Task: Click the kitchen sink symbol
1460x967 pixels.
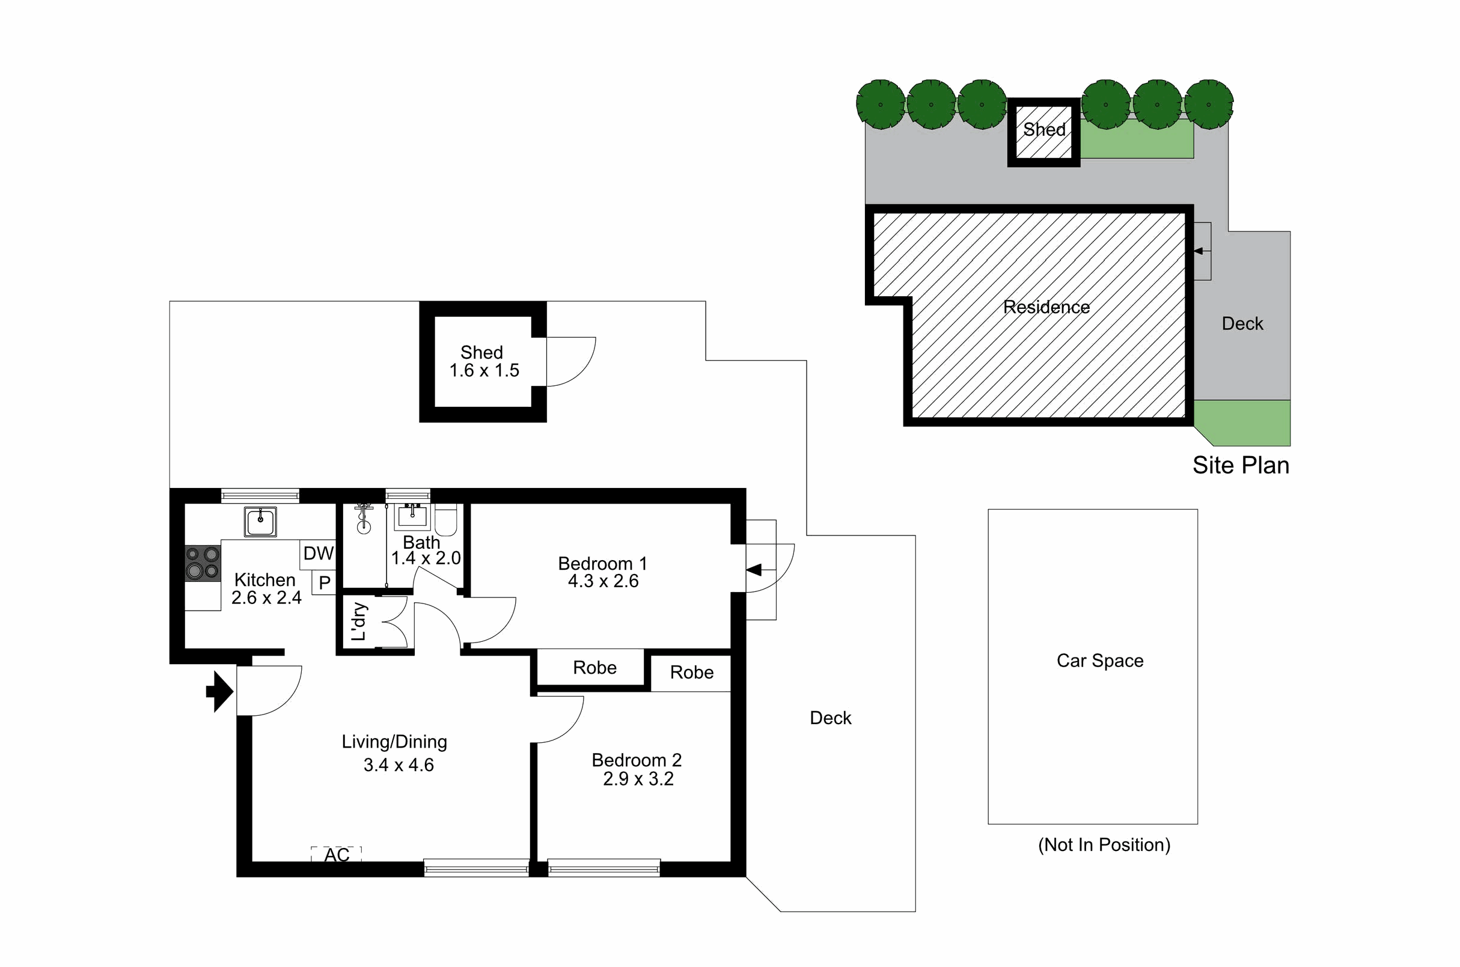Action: [x=260, y=522]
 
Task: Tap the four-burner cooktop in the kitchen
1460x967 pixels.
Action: [x=203, y=563]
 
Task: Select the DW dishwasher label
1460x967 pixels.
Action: [x=319, y=553]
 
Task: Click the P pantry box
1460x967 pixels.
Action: [x=325, y=582]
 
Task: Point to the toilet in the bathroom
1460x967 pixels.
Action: [x=445, y=520]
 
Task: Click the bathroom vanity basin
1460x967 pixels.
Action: [x=412, y=516]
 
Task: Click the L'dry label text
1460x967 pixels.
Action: [x=359, y=621]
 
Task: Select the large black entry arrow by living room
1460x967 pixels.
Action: [x=219, y=692]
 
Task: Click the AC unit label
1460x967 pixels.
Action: [x=337, y=855]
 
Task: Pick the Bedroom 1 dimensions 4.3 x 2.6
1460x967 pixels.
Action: [x=603, y=581]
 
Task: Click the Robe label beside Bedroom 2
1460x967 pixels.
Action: [x=691, y=673]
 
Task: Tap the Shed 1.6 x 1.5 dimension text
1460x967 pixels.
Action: [x=484, y=371]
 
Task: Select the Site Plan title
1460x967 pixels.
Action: [x=1241, y=465]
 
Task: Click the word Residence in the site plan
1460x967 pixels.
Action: [x=1046, y=307]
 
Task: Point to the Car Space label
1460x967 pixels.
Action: [x=1100, y=660]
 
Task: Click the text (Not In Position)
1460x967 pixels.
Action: [x=1104, y=845]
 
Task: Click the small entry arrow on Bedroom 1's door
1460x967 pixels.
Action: [x=754, y=570]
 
